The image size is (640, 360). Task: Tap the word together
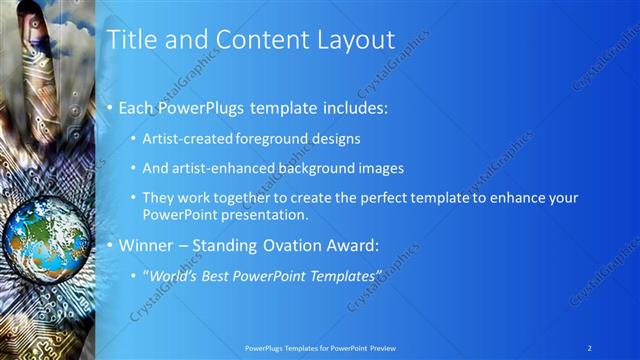pos(248,198)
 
